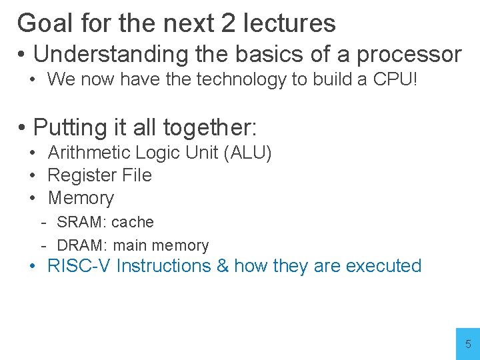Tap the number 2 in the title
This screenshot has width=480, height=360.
(229, 23)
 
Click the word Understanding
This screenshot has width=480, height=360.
(107, 53)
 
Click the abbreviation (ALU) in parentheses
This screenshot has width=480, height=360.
(248, 153)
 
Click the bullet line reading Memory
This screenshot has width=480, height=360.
(81, 198)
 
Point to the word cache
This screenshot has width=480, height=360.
(133, 222)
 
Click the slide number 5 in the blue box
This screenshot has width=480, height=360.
(468, 345)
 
